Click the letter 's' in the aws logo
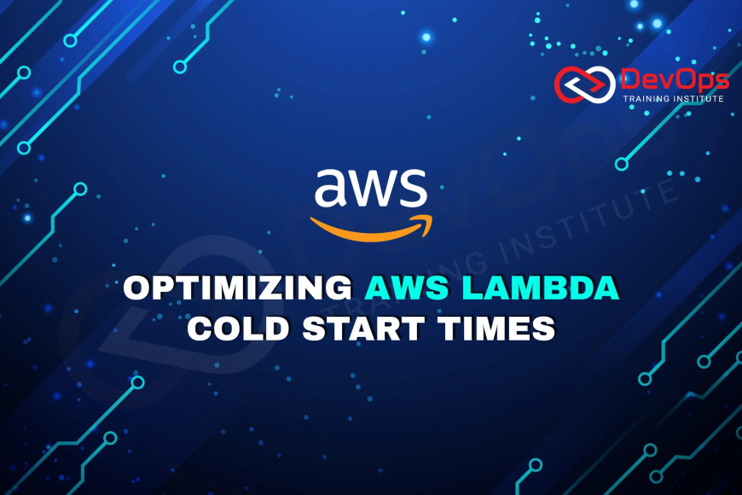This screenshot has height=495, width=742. tap(413, 189)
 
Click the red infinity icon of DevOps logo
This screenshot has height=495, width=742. tap(585, 83)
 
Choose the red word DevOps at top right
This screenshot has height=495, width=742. tap(675, 80)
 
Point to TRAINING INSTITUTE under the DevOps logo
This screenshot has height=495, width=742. tap(675, 99)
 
